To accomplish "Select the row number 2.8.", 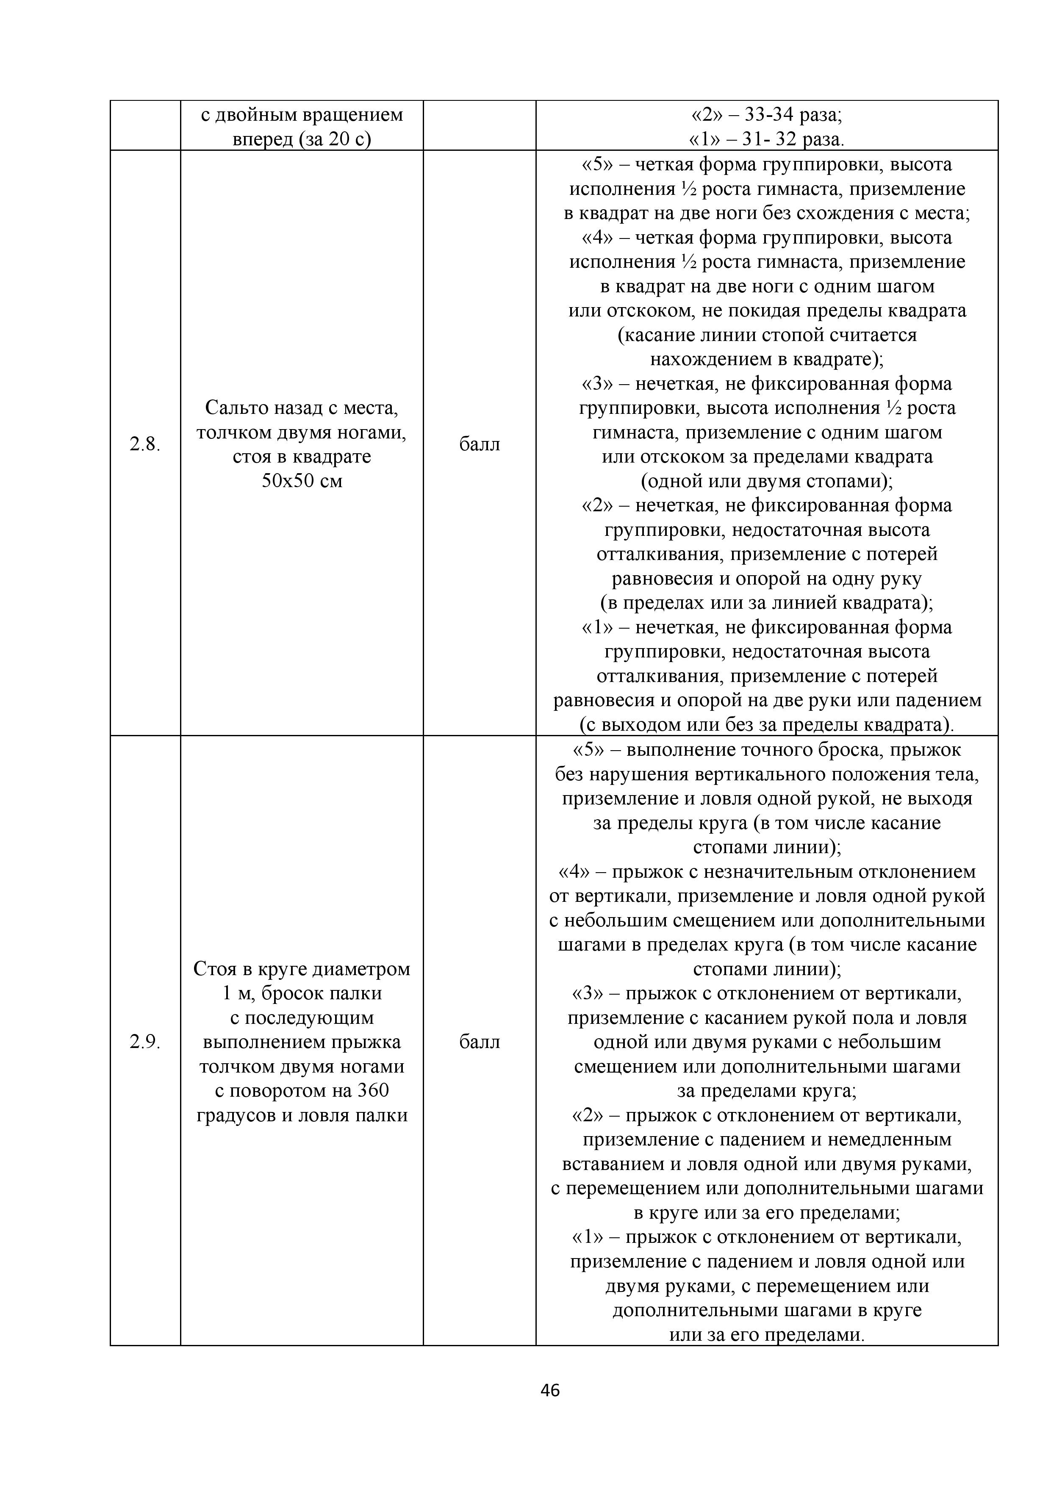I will pyautogui.click(x=144, y=444).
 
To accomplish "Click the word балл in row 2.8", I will pyautogui.click(x=479, y=444).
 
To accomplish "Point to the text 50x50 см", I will pyautogui.click(x=302, y=481).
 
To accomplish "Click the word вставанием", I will pyautogui.click(x=613, y=1164).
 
